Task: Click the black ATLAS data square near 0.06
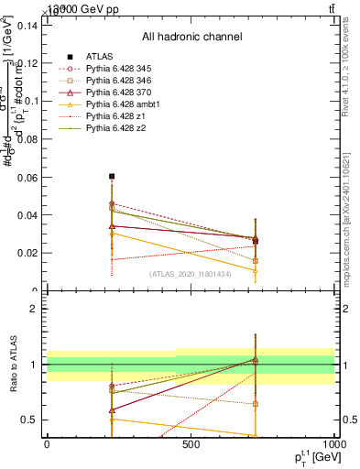pos(112,176)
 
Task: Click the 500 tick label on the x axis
pos(191,443)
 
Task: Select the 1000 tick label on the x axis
pos(333,443)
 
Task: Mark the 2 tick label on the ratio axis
pos(34,309)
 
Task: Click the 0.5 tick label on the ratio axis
pos(28,420)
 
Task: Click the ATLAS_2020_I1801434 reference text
pos(191,274)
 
